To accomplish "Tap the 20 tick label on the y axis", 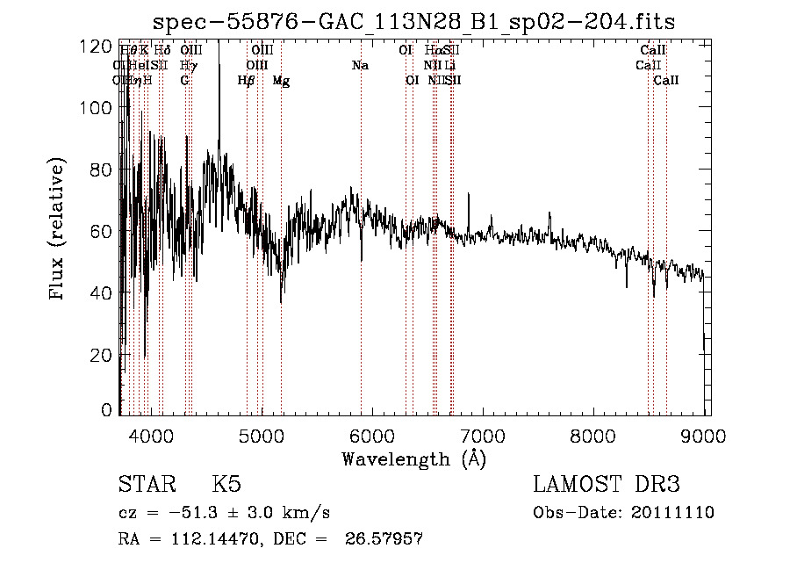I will pos(102,354).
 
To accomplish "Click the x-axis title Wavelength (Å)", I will pos(413,458).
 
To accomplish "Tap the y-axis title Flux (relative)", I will pos(59,230).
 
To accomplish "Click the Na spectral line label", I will pos(360,66).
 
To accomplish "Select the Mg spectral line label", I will pos(281,81).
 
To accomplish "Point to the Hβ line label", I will pos(247,81).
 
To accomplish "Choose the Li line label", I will pos(449,66).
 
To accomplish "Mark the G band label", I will pos(184,81).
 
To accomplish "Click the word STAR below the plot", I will pos(145,485).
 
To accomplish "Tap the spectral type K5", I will pos(226,485).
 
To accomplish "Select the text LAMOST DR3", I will pos(606,485).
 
